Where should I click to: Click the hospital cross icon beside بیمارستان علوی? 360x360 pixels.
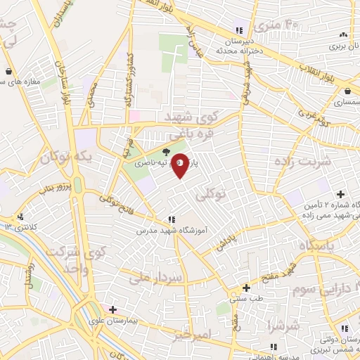coord(112,309)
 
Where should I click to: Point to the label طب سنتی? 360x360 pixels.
coord(247,299)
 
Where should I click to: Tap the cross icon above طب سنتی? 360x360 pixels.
coord(246,288)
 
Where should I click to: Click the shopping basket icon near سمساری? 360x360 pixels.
coord(347,91)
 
